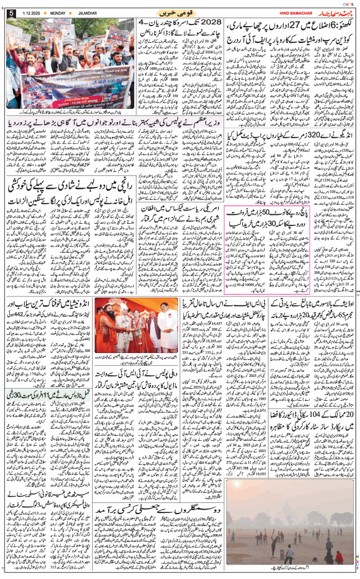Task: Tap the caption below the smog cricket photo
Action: tap(288, 568)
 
